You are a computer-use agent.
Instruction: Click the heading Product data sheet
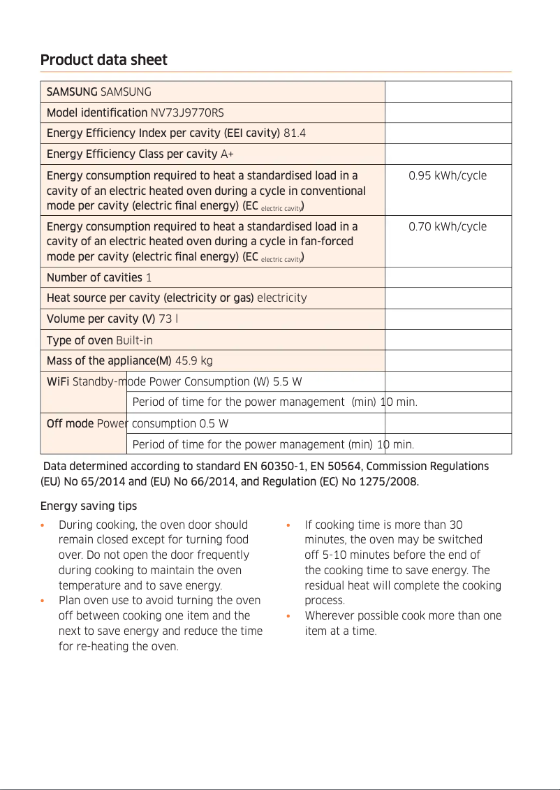point(103,60)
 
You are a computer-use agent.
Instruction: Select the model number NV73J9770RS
point(187,112)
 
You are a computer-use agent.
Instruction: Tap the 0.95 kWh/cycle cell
point(448,175)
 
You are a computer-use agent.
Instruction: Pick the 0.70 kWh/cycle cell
point(448,226)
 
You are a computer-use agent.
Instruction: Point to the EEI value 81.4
point(295,133)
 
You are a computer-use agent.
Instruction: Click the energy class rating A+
point(227,154)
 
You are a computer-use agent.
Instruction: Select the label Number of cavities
point(94,277)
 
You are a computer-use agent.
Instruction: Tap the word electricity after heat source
point(282,298)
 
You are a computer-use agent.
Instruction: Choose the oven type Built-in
point(134,340)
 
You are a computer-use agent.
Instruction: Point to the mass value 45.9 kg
point(193,361)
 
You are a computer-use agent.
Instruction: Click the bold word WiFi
point(57,381)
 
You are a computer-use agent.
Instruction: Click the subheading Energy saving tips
point(88,506)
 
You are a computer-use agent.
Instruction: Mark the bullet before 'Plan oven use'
point(43,601)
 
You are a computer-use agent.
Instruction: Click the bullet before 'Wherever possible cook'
point(288,616)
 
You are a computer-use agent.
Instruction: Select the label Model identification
point(96,112)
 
